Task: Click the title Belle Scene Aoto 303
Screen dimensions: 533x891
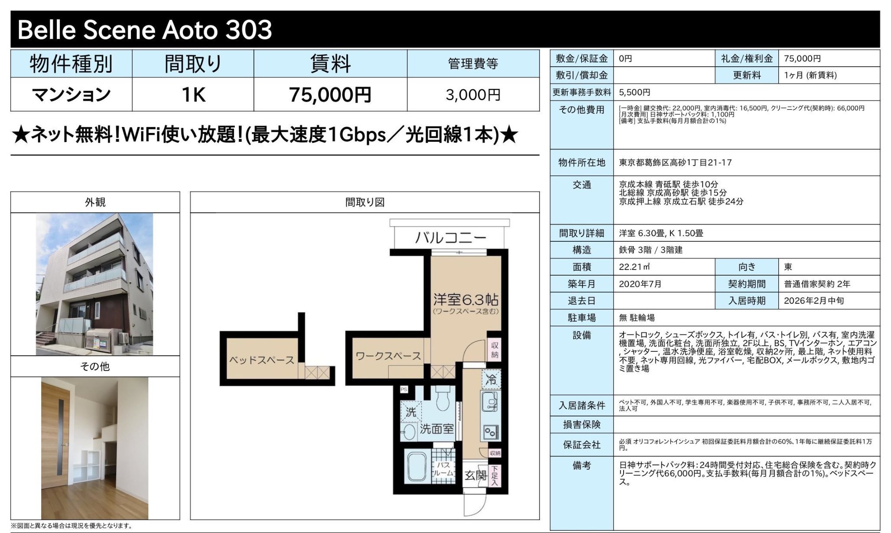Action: click(145, 30)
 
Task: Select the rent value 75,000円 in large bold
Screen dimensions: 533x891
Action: click(330, 94)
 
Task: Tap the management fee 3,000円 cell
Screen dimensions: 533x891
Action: click(473, 94)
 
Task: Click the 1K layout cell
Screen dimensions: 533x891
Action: click(193, 94)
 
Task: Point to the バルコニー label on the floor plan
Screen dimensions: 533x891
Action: click(450, 237)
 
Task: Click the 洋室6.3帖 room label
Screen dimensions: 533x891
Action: click(465, 299)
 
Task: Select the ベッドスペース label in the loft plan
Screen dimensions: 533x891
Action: click(261, 360)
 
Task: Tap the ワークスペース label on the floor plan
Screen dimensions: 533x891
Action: click(388, 356)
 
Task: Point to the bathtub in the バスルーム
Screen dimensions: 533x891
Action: click(417, 466)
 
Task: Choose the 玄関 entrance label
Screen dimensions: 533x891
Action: click(475, 475)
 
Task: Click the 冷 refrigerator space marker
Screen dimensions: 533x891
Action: click(491, 380)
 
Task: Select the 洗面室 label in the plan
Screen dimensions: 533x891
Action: click(436, 429)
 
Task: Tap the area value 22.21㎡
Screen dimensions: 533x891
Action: click(634, 267)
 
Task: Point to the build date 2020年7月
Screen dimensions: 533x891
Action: click(640, 284)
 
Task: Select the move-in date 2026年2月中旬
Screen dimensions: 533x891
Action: click(813, 301)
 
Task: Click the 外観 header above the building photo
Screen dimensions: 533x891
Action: click(95, 202)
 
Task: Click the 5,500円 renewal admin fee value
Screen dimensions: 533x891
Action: click(634, 92)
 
